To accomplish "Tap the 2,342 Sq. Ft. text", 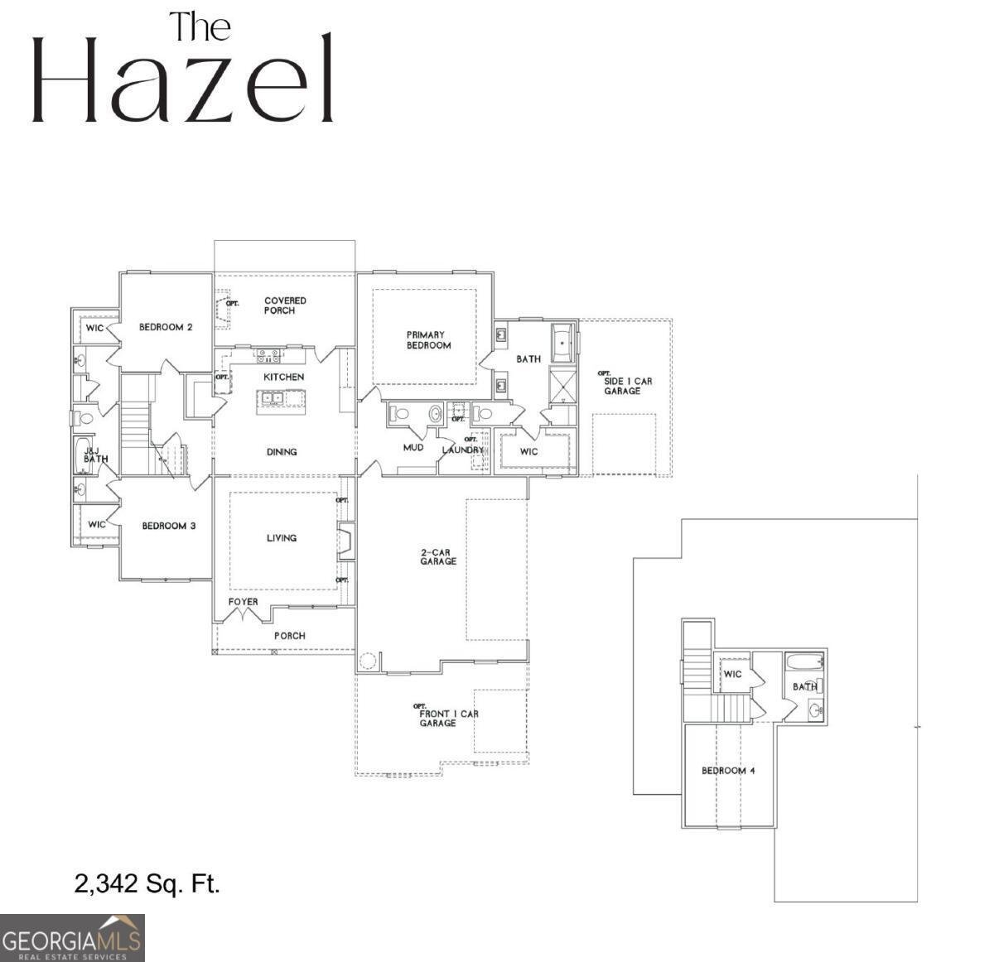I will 147,883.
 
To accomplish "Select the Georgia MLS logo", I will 72,938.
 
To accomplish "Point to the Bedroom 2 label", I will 166,327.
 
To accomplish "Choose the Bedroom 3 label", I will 168,526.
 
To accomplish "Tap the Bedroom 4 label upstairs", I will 728,771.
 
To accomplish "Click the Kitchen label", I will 283,377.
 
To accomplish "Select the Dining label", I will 282,452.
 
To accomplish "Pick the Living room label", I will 282,538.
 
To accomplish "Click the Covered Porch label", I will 284,305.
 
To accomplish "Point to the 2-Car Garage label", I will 437,556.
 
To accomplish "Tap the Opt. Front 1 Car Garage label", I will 448,717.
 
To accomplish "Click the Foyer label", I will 243,602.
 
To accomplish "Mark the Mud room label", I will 413,448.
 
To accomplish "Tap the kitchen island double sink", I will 271,398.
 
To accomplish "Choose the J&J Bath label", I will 94,455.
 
